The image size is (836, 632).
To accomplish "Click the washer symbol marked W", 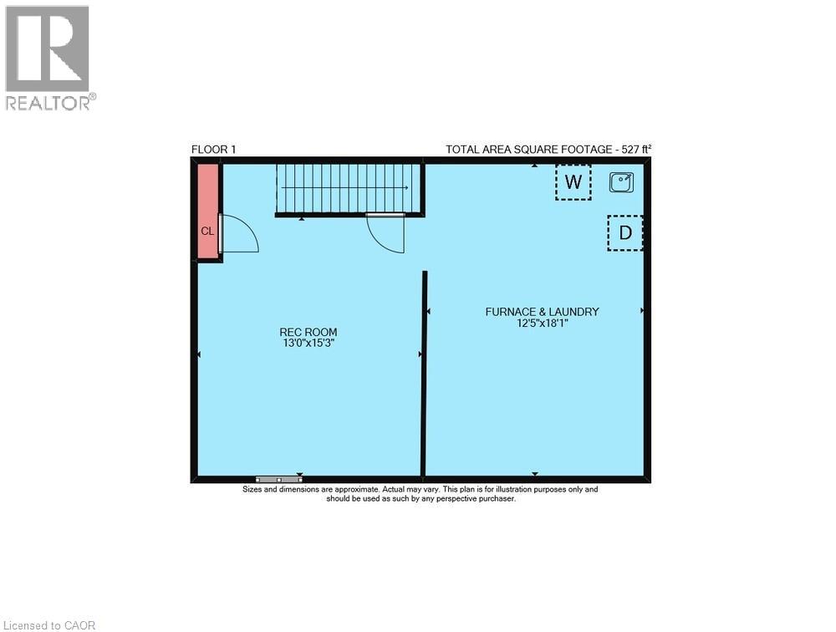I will tap(573, 182).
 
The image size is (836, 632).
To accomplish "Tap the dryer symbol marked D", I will tap(624, 233).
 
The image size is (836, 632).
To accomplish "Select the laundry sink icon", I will tap(621, 181).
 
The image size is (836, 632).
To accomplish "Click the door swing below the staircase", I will tap(386, 233).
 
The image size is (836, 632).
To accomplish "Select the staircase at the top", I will tap(349, 189).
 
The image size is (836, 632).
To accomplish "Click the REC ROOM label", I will tap(308, 332).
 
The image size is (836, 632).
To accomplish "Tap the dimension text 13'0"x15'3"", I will tap(308, 343).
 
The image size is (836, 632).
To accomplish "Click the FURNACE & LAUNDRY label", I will tap(542, 312).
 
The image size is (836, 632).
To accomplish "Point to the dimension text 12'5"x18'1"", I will tap(542, 323).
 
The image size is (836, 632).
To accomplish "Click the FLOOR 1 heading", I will tap(214, 150).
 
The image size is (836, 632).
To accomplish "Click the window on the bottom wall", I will tap(279, 480).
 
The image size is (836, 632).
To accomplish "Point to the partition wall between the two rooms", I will tap(425, 372).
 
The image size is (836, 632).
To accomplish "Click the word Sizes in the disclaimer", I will tap(252, 489).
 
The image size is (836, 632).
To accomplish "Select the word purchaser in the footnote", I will tap(497, 498).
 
